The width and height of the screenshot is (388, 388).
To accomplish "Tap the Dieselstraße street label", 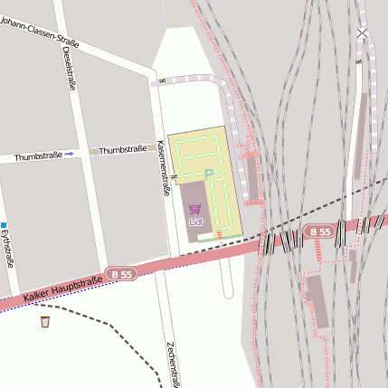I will tap(70, 67).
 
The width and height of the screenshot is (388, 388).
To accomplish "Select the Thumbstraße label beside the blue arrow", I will tap(38, 156).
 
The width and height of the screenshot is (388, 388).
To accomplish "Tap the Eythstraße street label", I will tap(7, 248).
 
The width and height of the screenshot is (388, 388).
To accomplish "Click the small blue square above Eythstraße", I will tap(4, 224).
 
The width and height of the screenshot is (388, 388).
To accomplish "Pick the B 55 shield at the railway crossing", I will tap(317, 232).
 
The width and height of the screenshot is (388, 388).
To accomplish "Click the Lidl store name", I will tap(195, 221).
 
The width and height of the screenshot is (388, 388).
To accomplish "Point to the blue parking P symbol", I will tap(209, 174).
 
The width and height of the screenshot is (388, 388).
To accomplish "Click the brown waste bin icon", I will tap(45, 321).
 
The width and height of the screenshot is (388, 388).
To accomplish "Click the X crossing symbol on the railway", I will tap(362, 34).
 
